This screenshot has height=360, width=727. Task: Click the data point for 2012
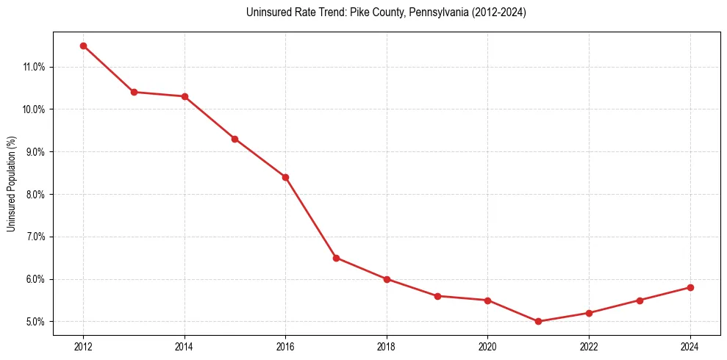pyautogui.click(x=83, y=46)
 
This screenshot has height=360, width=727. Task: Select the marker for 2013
pyautogui.click(x=134, y=92)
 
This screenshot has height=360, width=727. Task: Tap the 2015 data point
pyautogui.click(x=234, y=139)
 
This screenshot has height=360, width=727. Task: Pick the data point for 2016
pyautogui.click(x=285, y=177)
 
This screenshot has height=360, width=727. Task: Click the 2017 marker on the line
pyautogui.click(x=336, y=258)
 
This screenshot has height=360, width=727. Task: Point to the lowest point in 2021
pyautogui.click(x=538, y=321)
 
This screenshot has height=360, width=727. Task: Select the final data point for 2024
pyautogui.click(x=690, y=287)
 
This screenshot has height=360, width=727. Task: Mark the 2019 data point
pyautogui.click(x=437, y=296)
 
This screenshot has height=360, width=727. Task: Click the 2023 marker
pyautogui.click(x=640, y=300)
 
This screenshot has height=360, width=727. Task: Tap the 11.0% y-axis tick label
pyautogui.click(x=34, y=67)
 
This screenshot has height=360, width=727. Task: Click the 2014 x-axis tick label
pyautogui.click(x=185, y=346)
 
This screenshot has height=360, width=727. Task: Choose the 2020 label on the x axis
pyautogui.click(x=488, y=346)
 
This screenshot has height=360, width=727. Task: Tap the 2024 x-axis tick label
pyautogui.click(x=690, y=346)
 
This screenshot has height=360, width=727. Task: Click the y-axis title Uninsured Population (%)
pyautogui.click(x=11, y=184)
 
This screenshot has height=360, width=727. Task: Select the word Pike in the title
pyautogui.click(x=359, y=12)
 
